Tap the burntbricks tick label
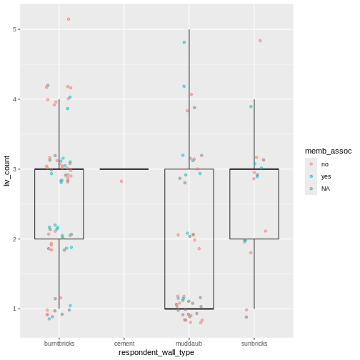(59, 343)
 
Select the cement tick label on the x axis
(124, 343)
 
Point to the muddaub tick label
(189, 343)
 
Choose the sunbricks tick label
(254, 343)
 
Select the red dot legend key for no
(311, 164)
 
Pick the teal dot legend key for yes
(311, 176)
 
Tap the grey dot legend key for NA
(311, 189)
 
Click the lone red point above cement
(121, 181)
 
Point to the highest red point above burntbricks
(69, 19)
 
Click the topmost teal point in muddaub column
(184, 42)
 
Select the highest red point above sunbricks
(260, 41)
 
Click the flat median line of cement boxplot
(124, 169)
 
